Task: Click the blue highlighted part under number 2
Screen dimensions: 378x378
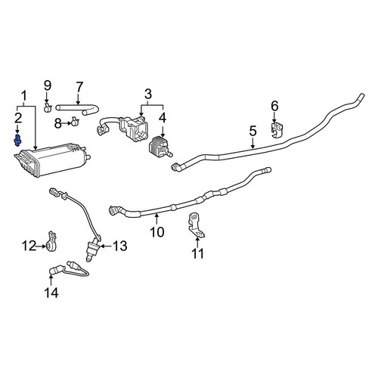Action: [x=17, y=141]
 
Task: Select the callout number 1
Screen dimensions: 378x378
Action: [x=24, y=97]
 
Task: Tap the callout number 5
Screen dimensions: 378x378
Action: [x=253, y=132]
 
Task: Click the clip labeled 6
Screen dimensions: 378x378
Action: [x=277, y=130]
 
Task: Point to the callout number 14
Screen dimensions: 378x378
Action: [x=51, y=293]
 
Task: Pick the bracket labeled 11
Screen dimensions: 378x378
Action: [x=196, y=225]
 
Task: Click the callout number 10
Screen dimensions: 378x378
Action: [x=156, y=231]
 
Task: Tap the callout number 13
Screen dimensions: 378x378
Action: [x=119, y=246]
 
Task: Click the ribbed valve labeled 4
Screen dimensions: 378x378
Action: [x=160, y=147]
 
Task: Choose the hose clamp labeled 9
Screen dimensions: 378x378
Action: [x=48, y=108]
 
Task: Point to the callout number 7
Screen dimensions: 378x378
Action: [x=79, y=87]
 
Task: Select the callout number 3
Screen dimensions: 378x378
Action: [x=148, y=94]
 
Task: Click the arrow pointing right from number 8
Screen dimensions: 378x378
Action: [x=67, y=123]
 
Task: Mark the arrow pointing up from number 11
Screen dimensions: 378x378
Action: [x=197, y=242]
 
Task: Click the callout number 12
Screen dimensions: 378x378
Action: [x=29, y=246]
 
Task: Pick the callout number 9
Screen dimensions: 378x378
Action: [x=48, y=85]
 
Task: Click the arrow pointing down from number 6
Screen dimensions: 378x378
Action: [x=274, y=117]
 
